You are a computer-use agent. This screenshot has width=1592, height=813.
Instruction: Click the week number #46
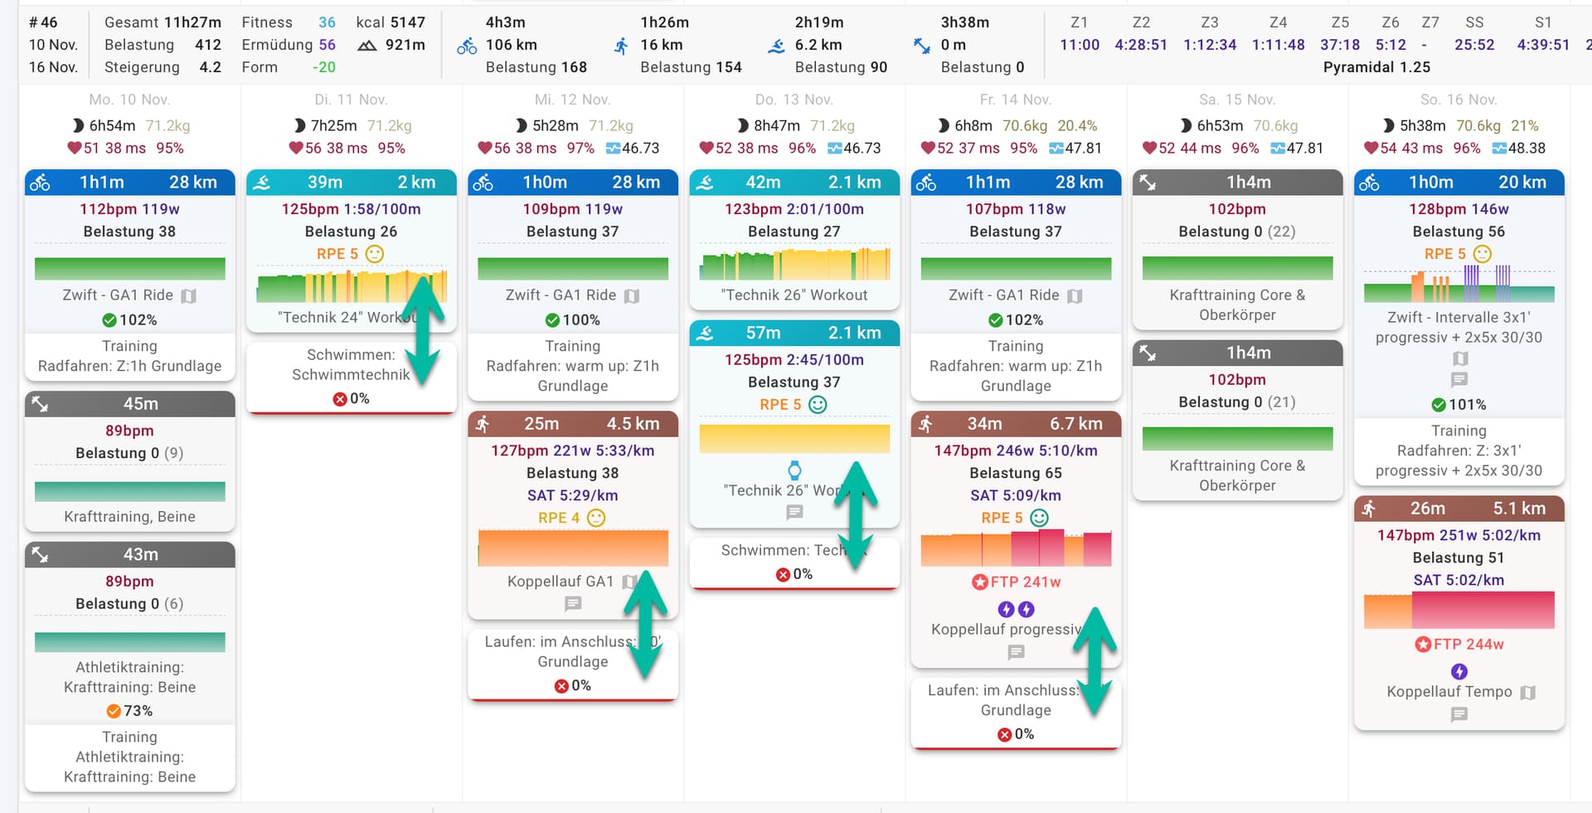coord(43,22)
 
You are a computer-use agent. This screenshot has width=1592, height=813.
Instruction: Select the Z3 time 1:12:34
coord(1209,45)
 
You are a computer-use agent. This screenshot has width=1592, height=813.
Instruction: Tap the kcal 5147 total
coord(391,22)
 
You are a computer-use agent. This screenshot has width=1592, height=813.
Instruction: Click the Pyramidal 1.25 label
coord(1376,67)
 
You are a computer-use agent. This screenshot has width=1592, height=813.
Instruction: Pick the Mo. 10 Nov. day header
coord(129,100)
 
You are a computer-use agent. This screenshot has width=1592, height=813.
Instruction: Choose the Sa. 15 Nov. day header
coord(1237,100)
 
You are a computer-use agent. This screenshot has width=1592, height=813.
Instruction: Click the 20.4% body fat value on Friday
coord(1077,126)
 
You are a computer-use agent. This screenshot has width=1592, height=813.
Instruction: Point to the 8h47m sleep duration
coord(776,126)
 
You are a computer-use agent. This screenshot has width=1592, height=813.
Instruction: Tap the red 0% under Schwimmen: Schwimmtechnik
coord(352,399)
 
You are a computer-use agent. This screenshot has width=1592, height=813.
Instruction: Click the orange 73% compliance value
coord(130,711)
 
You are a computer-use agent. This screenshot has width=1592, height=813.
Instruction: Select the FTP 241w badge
coord(1017,582)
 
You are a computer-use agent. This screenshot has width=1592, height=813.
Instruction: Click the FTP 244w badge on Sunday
coord(1459,645)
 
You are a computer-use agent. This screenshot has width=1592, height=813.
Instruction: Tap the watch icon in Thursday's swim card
coord(794,470)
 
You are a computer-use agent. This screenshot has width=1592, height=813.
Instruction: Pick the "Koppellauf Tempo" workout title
coord(1449,692)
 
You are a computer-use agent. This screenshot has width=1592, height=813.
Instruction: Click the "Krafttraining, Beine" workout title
coord(129,517)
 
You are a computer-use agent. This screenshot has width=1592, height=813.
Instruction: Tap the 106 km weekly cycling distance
coord(511,45)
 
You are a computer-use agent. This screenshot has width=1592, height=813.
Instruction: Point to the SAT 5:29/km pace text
coord(572,495)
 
